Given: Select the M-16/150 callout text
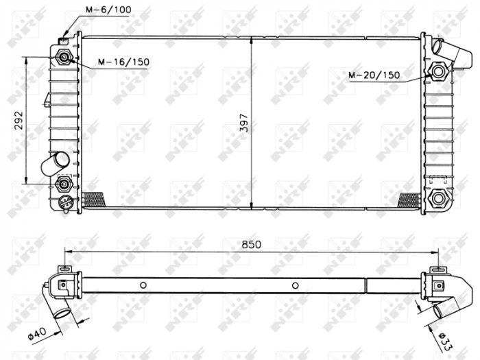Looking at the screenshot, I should pyautogui.click(x=123, y=62).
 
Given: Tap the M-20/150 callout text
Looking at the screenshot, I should pyautogui.click(x=374, y=75).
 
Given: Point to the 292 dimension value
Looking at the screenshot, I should pyautogui.click(x=19, y=121).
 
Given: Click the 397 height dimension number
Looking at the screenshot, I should pyautogui.click(x=244, y=121).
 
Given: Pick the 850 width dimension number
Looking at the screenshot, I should pyautogui.click(x=252, y=243).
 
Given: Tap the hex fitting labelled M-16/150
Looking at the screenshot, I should pyautogui.click(x=65, y=58).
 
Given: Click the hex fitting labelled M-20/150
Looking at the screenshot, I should pyautogui.click(x=437, y=70).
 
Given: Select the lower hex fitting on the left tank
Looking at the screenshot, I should pyautogui.click(x=64, y=183).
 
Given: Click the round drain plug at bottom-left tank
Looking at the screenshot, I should pyautogui.click(x=64, y=202).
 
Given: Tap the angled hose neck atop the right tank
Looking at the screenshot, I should pyautogui.click(x=442, y=49).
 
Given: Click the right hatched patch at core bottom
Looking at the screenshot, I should pyautogui.click(x=409, y=200).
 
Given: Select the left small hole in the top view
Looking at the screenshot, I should pyautogui.click(x=143, y=285).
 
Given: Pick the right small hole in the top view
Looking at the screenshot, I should pyautogui.click(x=295, y=285).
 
